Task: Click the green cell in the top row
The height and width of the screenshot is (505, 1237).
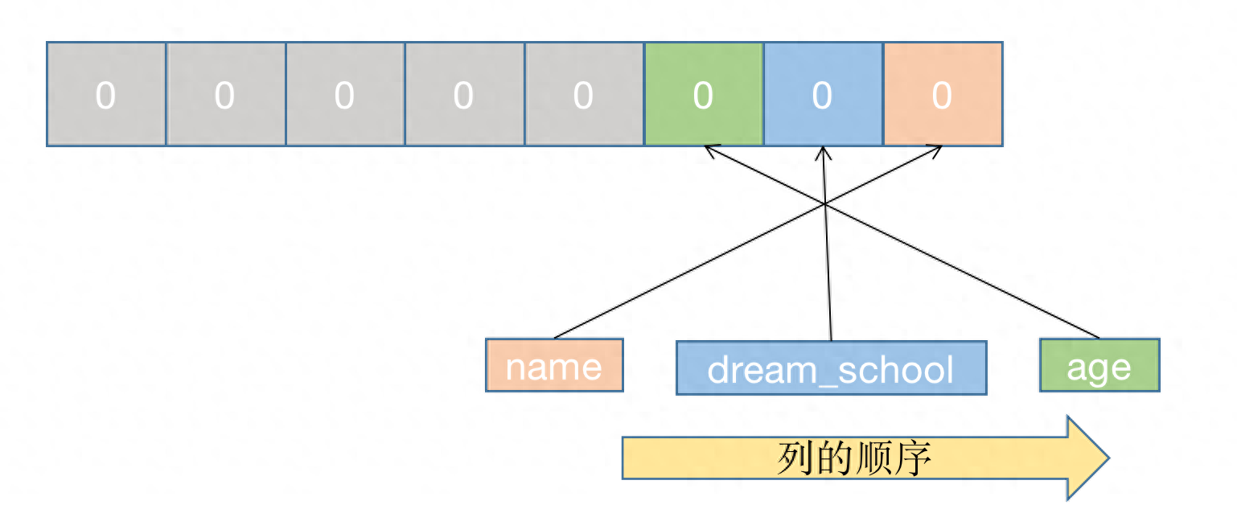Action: pos(703,94)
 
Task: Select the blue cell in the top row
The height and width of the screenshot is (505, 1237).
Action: pos(823,94)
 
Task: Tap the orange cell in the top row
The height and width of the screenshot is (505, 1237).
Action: pos(943,94)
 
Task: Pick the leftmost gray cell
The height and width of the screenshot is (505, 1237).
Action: pos(106,94)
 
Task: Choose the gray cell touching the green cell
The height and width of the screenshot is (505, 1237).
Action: pos(584,94)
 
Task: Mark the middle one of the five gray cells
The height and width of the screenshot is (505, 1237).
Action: pos(344,94)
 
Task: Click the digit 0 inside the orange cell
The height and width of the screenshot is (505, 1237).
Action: pos(942,96)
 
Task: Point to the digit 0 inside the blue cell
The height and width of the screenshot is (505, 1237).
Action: pos(822,96)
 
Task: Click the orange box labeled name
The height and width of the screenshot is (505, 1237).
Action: pos(554,365)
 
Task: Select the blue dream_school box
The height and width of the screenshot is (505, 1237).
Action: pos(831,368)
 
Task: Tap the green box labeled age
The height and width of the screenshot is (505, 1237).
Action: pos(1099,365)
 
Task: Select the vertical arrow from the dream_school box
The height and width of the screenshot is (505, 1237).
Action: pos(828,273)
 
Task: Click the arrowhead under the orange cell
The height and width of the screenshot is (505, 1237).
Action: pos(936,149)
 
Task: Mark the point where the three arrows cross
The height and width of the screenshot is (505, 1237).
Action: pos(826,203)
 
